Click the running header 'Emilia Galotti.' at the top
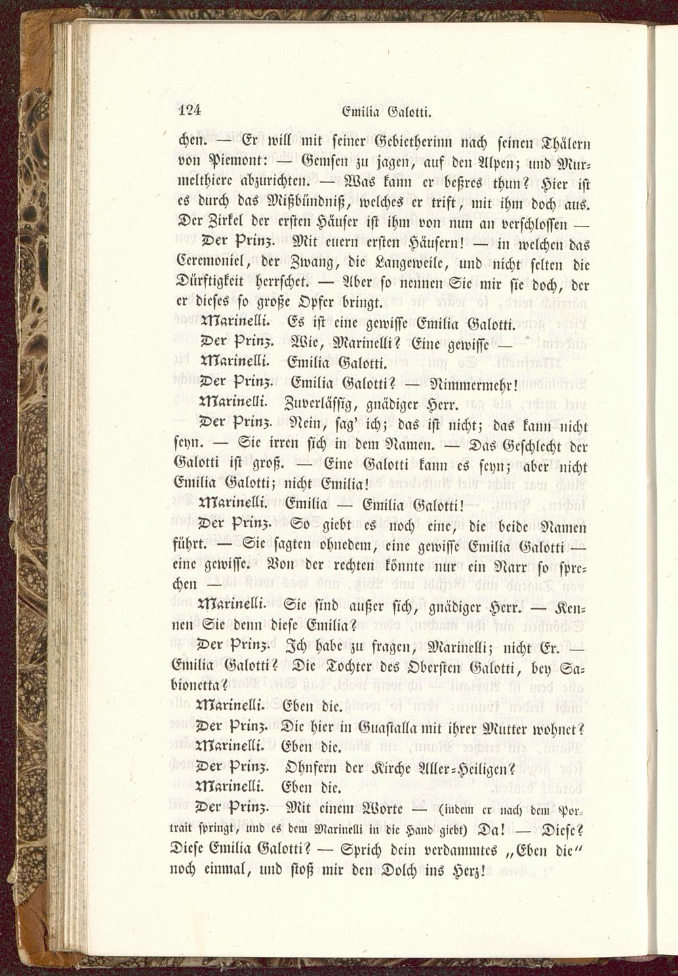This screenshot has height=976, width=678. (x=388, y=111)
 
